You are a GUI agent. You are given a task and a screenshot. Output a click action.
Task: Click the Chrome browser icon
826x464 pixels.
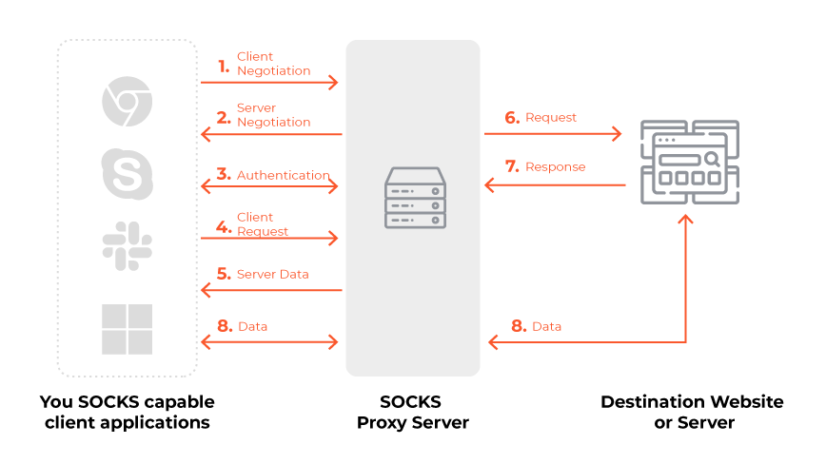tap(127, 102)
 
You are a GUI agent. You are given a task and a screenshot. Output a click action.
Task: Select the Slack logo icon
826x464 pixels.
tap(127, 246)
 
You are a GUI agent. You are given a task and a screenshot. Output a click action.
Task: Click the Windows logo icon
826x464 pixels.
tap(127, 328)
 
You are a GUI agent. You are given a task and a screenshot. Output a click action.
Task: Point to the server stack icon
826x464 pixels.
tap(415, 198)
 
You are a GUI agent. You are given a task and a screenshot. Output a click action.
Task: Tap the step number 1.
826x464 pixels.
tap(224, 66)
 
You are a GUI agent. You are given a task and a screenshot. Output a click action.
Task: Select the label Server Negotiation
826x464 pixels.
tap(273, 115)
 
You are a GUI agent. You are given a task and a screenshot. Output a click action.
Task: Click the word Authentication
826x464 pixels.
tap(283, 175)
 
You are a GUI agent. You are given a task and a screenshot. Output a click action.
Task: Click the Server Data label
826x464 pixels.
tap(272, 274)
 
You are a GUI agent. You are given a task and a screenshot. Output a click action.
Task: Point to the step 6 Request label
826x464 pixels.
tap(551, 118)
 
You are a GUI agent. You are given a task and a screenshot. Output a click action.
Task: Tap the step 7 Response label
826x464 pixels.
tap(555, 166)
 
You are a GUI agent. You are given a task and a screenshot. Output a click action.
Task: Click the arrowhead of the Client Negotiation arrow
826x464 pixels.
tap(334, 83)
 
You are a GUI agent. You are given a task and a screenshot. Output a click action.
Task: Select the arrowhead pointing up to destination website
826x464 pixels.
tap(685, 219)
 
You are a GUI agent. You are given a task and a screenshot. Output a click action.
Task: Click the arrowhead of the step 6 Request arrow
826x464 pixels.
tap(618, 134)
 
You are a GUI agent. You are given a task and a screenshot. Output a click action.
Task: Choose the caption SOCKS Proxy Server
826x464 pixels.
tap(413, 412)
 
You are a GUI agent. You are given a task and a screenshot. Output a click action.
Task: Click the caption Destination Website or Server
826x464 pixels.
tap(692, 412)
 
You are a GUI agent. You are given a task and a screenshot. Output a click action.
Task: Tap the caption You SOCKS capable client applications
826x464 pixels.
tap(128, 412)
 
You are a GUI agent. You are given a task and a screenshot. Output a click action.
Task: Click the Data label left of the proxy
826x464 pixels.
tap(252, 326)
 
